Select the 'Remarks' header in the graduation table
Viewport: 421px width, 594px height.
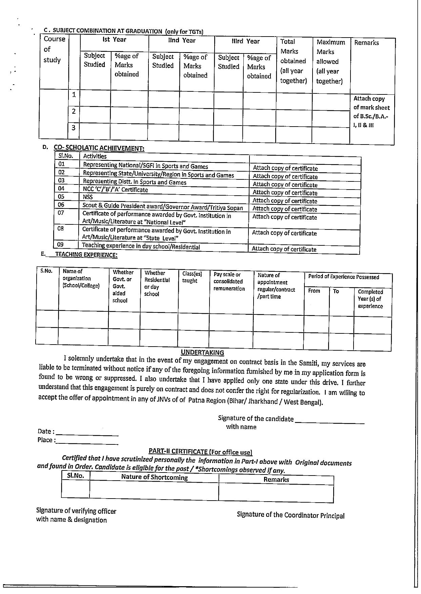click(x=366, y=43)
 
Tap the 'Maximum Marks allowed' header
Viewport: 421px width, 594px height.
click(x=330, y=62)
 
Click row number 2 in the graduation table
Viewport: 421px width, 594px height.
click(x=74, y=111)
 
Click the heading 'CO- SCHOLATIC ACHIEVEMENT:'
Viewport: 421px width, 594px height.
click(x=99, y=148)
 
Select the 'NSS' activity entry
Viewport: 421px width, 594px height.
click(x=88, y=197)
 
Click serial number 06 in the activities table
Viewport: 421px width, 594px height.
click(x=61, y=205)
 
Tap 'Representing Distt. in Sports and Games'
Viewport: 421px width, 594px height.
click(x=135, y=182)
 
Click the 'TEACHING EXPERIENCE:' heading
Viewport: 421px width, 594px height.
click(x=86, y=255)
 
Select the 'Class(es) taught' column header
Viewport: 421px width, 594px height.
click(x=192, y=277)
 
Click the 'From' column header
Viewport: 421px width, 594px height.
click(x=314, y=291)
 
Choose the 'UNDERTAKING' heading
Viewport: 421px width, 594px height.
click(x=202, y=352)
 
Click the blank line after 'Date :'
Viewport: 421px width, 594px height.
click(x=87, y=434)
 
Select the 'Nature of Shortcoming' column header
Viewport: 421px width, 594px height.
click(x=154, y=478)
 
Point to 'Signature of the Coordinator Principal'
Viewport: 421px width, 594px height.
click(x=290, y=515)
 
